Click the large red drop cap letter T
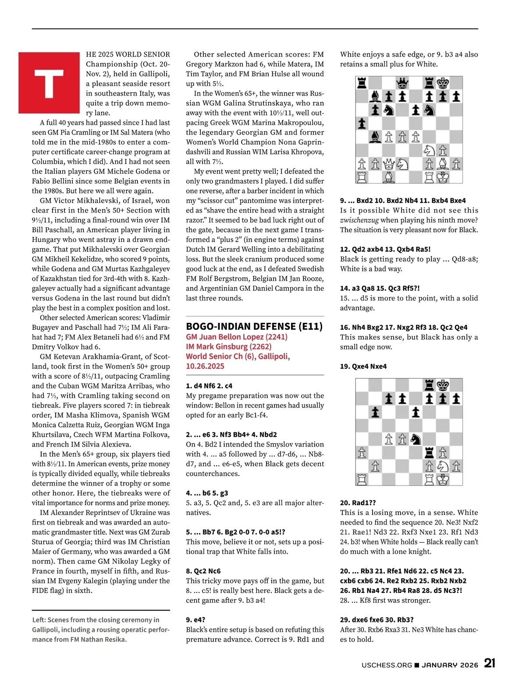click(x=49, y=83)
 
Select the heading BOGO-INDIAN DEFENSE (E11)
click(x=254, y=326)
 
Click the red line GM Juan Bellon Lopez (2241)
click(x=237, y=337)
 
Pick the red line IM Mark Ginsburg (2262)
click(x=228, y=347)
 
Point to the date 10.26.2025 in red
click(x=205, y=366)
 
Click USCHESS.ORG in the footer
click(x=387, y=665)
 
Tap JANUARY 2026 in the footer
click(x=450, y=665)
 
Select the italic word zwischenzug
click(x=359, y=220)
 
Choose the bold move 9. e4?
click(x=195, y=620)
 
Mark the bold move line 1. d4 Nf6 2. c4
click(x=209, y=386)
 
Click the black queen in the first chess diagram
click(x=402, y=83)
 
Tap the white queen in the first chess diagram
click(x=388, y=164)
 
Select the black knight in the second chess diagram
click(x=416, y=439)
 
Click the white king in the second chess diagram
click(x=443, y=479)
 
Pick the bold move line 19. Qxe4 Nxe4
click(x=363, y=366)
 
